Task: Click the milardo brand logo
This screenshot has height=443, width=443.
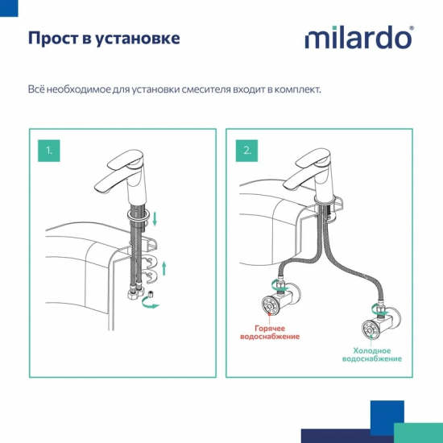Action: click(x=358, y=38)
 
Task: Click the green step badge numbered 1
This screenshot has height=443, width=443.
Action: click(x=48, y=150)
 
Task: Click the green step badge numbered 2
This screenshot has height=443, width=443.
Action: click(x=246, y=150)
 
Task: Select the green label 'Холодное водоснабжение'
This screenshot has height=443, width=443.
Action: click(x=372, y=354)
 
